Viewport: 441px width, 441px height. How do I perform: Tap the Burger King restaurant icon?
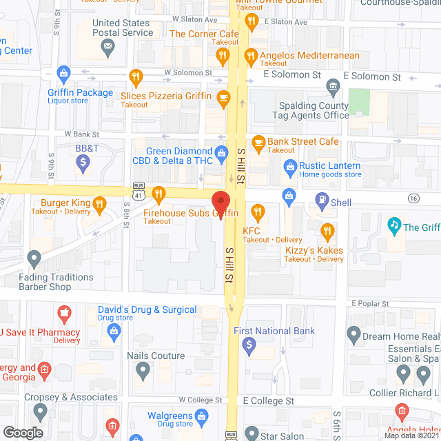[99, 203]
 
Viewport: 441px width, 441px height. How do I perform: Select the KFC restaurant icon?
[258, 211]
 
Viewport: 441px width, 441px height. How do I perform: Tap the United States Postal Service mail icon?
[107, 48]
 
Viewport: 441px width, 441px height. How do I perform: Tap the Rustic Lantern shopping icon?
[290, 166]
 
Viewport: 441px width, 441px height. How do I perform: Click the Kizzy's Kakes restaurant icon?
[328, 230]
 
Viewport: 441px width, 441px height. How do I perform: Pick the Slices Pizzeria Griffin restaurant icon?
[136, 76]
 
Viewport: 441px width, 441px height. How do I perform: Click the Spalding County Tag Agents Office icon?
[333, 87]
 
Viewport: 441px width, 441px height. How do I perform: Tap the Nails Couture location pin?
[143, 371]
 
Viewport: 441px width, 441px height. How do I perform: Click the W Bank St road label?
[82, 134]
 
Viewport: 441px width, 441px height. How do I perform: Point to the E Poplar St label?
[370, 303]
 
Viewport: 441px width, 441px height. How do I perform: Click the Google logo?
[22, 432]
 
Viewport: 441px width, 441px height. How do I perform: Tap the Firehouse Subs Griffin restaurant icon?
[158, 196]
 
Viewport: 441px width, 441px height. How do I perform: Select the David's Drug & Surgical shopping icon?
[113, 334]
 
